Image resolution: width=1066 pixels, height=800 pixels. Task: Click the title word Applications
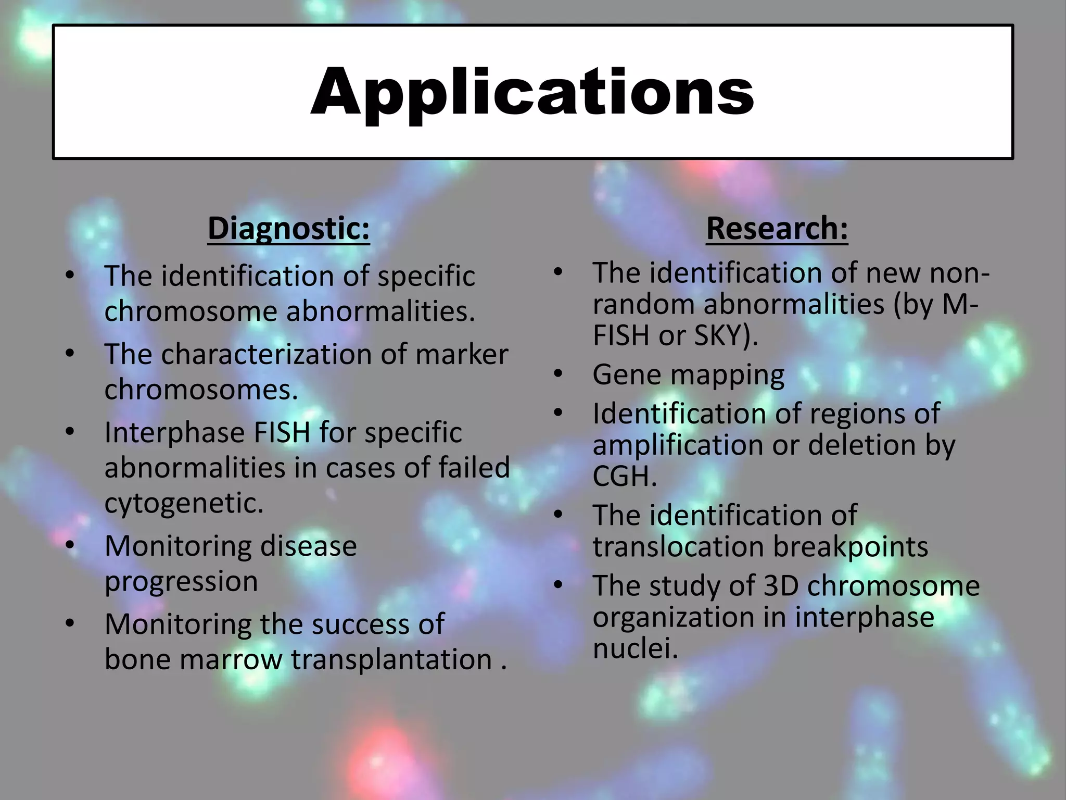[532, 93]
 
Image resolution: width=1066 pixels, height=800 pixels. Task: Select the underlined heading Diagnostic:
[288, 229]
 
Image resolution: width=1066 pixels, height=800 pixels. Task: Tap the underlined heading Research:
[777, 229]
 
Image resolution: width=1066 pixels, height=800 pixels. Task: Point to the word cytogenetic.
[184, 503]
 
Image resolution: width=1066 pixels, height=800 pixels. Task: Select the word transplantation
[391, 659]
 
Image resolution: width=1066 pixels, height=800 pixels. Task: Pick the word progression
[181, 581]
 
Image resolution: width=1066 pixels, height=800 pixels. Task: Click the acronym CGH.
[624, 477]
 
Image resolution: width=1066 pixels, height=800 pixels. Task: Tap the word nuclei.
[635, 649]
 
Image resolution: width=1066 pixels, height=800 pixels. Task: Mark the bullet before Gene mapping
[559, 374]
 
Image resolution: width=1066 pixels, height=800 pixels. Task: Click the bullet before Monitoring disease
[70, 546]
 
